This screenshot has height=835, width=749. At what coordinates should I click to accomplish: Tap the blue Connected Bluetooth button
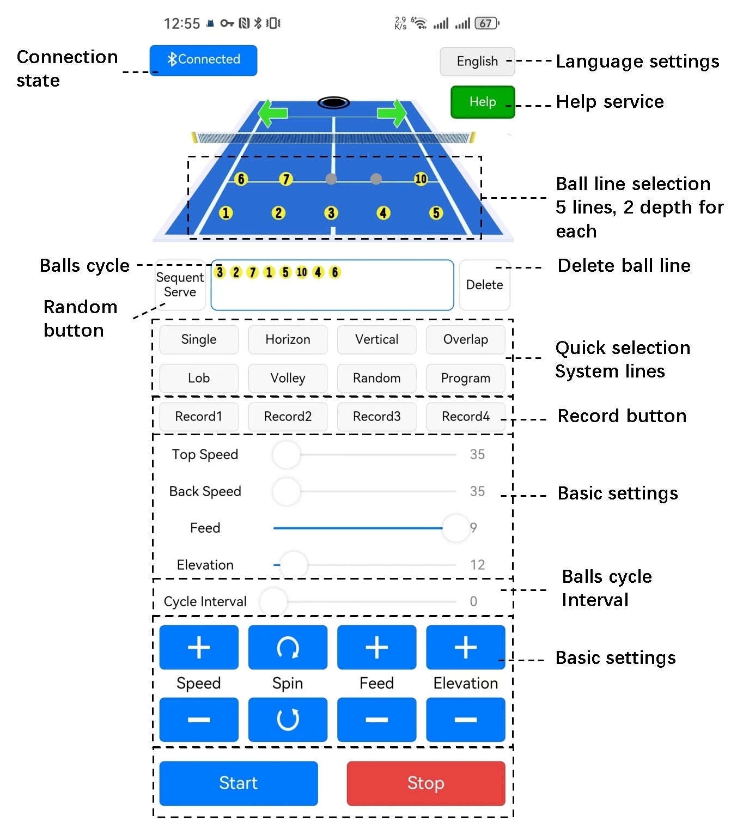coord(203,60)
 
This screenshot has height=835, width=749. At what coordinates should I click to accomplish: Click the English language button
coord(477,62)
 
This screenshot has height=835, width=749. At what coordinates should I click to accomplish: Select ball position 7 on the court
coord(285,179)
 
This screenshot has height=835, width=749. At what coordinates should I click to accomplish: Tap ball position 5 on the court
coord(436,212)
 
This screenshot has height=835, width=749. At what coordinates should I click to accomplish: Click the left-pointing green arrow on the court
coord(272,113)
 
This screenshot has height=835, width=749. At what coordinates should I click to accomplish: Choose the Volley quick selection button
coord(288,378)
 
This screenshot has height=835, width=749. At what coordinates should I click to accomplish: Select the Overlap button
coord(465,339)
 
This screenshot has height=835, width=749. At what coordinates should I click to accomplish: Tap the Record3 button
coord(376,416)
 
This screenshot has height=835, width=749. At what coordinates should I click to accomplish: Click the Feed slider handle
coord(455,528)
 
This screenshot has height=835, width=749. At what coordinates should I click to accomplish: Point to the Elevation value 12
coord(477,565)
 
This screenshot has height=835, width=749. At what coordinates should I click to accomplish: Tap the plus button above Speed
coord(199,647)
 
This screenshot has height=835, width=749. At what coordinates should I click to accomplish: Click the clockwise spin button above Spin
coord(288,647)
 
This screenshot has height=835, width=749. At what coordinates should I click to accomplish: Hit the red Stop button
coord(426,783)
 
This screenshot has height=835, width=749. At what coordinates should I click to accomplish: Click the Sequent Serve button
coord(180,285)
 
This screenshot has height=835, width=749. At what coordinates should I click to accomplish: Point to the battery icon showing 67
coord(487,23)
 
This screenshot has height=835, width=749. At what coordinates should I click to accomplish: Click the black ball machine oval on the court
coord(333,102)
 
